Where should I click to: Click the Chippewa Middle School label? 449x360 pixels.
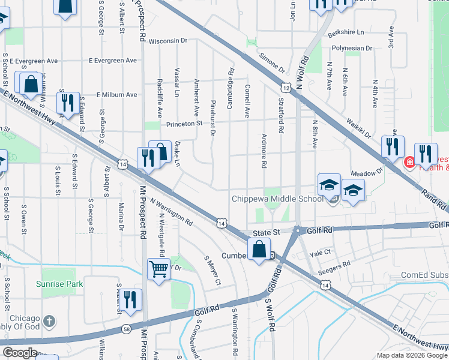[278, 199]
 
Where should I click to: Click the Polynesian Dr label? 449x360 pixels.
[351, 47]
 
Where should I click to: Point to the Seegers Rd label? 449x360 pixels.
[338, 265]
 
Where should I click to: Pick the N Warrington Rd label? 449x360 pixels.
[172, 212]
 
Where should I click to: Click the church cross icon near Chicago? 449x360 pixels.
[50, 320]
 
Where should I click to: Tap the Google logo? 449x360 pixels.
[20, 353]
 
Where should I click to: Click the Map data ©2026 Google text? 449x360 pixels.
[412, 355]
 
